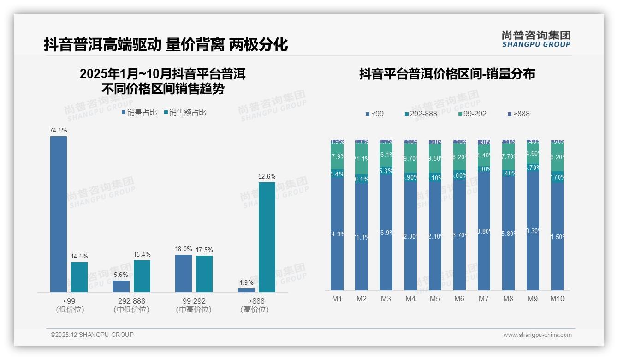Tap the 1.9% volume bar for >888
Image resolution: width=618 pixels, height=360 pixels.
tap(246, 290)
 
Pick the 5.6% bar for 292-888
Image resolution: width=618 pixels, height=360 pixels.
tap(121, 286)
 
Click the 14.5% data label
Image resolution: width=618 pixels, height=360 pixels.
tap(79, 256)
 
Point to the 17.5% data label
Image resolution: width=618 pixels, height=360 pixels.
tap(204, 250)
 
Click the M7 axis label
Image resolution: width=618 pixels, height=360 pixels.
tap(483, 299)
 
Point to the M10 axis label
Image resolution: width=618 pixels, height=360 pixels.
tap(557, 299)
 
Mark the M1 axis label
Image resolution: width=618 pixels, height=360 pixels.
tap(337, 299)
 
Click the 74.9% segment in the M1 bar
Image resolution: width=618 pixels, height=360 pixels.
tap(337, 234)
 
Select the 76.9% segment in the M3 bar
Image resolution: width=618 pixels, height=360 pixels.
tap(386, 232)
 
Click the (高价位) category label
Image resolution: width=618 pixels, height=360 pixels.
tap(254, 310)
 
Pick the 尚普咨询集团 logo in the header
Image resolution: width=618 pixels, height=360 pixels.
tap(536, 39)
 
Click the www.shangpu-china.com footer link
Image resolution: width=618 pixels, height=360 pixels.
tap(537, 335)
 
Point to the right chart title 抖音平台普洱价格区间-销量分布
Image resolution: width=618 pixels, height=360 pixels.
tap(447, 74)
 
